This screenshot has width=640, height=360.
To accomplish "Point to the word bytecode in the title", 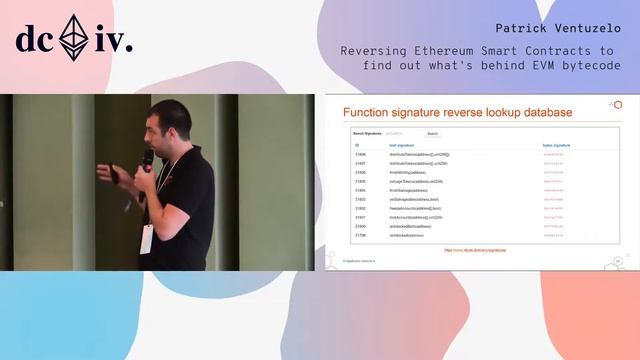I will [x=588, y=65].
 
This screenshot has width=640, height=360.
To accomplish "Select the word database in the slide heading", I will [x=538, y=112].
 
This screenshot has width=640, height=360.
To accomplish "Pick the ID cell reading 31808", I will [x=360, y=155].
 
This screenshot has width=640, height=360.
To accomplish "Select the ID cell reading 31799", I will [x=360, y=235].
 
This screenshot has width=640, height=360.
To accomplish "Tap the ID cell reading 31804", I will [x=360, y=190].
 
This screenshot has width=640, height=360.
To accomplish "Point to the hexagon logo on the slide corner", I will [x=617, y=104].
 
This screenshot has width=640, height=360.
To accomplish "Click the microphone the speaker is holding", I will [x=148, y=160].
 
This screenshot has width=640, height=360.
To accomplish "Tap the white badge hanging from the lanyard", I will [x=147, y=238].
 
